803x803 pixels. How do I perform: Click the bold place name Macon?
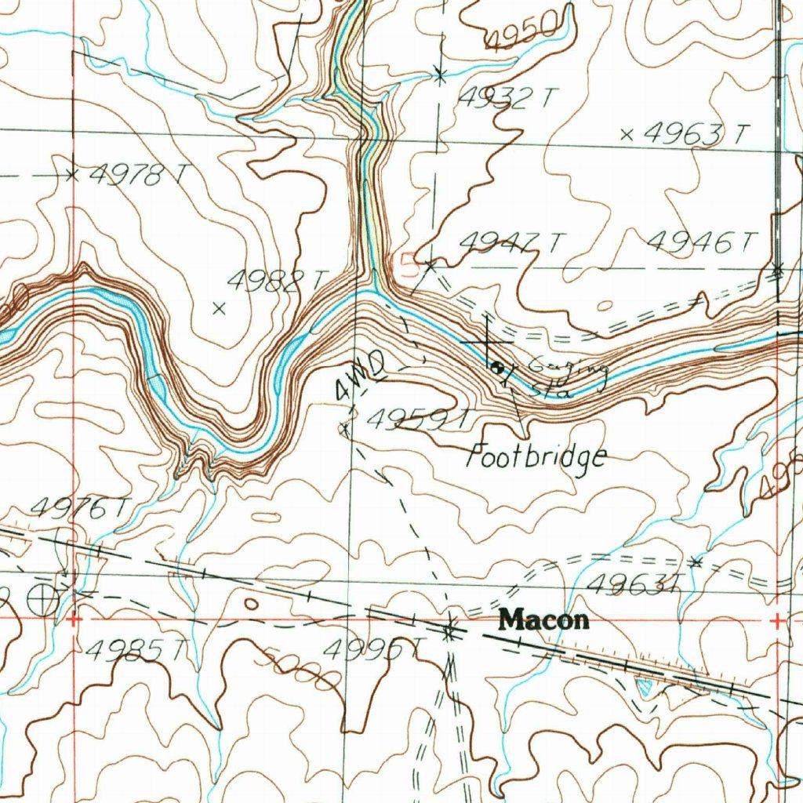click(544, 620)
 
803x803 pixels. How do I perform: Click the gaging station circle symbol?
click(497, 365)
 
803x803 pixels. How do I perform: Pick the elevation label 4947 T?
click(510, 243)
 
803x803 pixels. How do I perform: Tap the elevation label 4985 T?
click(137, 649)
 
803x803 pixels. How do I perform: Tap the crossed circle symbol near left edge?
click(42, 601)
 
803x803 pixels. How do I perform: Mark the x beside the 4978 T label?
click(72, 175)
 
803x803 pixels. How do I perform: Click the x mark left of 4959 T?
click(343, 428)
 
